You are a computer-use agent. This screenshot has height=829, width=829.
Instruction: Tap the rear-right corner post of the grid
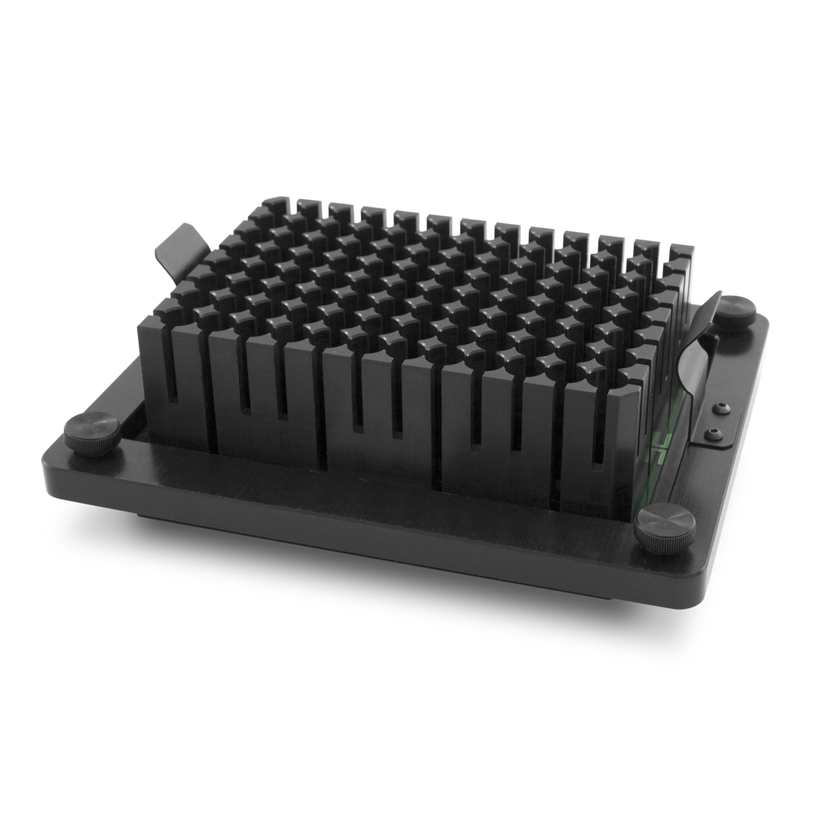coord(681,252)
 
